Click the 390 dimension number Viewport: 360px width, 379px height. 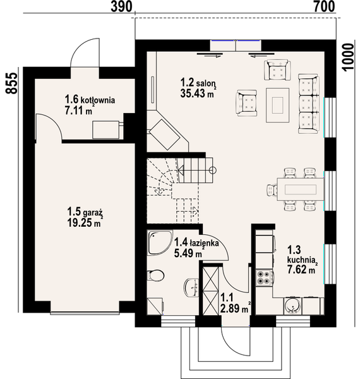coord(121,6)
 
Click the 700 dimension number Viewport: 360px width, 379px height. coord(325,6)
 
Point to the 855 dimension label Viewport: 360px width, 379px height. coord(11,83)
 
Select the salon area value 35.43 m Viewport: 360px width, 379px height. coord(197,93)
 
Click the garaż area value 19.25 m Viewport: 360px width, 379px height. coord(84,222)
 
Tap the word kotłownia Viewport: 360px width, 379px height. coord(98,100)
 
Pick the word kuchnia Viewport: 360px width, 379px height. coord(301,260)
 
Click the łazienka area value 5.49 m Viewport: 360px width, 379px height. coord(188,253)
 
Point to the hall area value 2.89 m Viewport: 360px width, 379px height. coord(234,308)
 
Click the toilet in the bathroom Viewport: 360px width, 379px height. coord(155,275)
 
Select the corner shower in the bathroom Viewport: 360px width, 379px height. coord(160,243)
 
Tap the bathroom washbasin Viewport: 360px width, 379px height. coord(191,287)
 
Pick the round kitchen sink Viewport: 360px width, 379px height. coord(292,306)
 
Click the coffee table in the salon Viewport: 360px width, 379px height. coord(278,105)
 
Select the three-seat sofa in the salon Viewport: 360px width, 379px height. coord(309,104)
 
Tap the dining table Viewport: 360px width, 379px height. coord(301,189)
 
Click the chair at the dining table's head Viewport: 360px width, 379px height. coord(272,189)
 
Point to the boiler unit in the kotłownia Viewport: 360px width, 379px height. coord(106,129)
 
